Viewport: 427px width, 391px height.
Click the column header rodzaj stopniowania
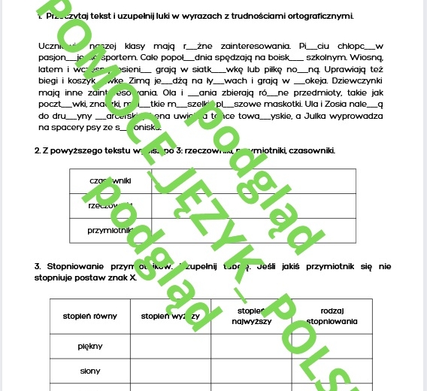pos(338,316)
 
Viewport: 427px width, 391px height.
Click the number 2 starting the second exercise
pos(37,150)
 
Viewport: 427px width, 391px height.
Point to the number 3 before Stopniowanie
pos(37,266)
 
